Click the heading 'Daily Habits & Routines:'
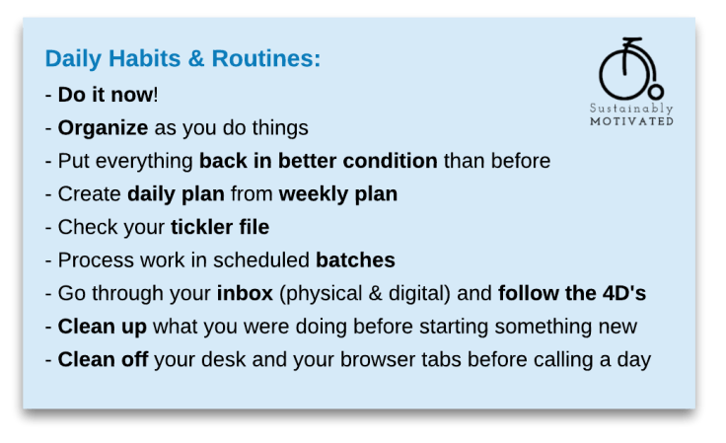[182, 58]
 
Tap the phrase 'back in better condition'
[318, 161]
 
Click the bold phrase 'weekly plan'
[337, 194]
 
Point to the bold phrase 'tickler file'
[219, 228]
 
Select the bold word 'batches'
[355, 260]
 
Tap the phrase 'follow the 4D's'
[571, 293]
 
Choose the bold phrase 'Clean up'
[103, 327]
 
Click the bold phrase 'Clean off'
[103, 359]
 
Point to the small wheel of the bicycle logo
[653, 87]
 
